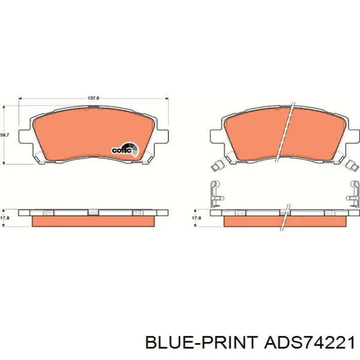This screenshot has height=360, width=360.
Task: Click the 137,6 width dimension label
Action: click(x=94, y=98)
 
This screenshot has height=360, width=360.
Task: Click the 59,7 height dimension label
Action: click(x=4, y=135)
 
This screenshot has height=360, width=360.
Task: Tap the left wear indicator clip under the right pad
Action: click(x=217, y=166)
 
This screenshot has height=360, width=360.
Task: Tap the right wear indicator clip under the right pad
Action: click(x=352, y=166)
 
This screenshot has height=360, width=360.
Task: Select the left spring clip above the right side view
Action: click(x=216, y=194)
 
